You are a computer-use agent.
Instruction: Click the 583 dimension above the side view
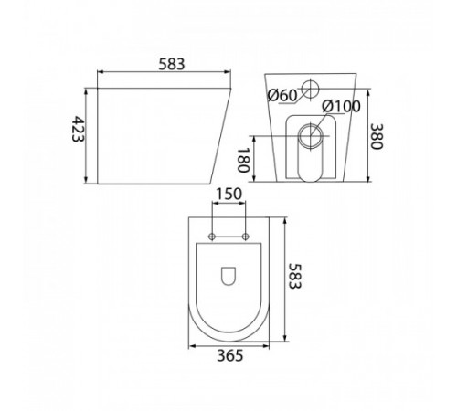coord(172,64)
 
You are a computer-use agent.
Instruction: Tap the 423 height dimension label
coord(78,129)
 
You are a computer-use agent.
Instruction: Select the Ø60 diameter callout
coord(282,95)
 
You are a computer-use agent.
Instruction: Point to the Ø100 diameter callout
coord(341,106)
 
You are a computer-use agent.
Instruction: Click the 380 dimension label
coord(377,136)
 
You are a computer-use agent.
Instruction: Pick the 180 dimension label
coord(243,160)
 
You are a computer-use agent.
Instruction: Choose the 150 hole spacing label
coord(228,194)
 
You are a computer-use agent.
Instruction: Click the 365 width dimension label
coord(230,355)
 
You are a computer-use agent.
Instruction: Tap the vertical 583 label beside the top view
coord(294,277)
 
